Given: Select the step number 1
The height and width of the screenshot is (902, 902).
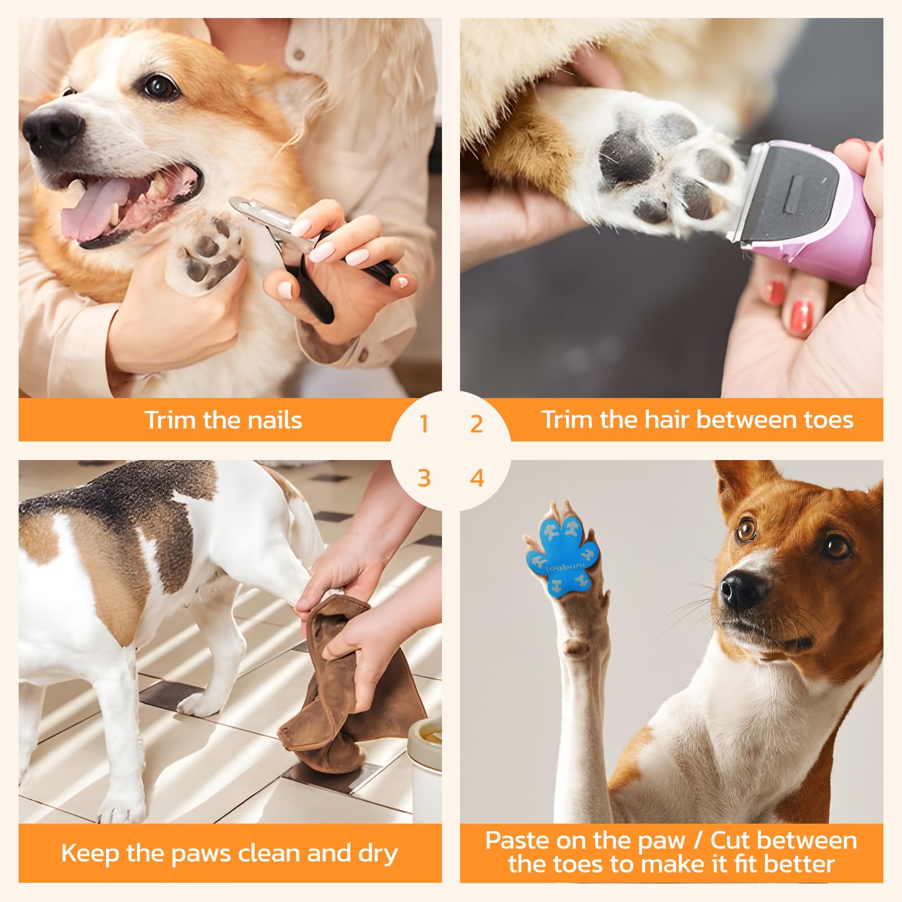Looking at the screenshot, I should coord(424,424).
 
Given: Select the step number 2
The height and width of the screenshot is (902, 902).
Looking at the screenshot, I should coord(477,424).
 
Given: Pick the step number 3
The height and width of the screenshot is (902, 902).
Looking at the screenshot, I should coord(424,478).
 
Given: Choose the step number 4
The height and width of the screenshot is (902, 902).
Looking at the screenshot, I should coord(477,478).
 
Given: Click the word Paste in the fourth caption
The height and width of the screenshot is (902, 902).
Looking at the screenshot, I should coord(518,841).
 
